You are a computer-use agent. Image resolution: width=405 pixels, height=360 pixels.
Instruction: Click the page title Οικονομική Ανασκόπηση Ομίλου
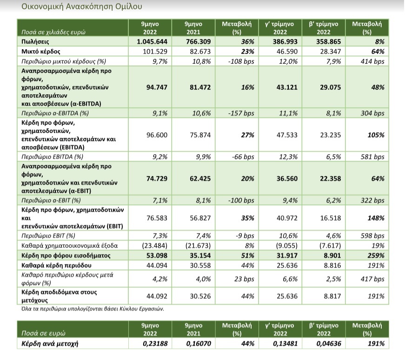pos(82,7)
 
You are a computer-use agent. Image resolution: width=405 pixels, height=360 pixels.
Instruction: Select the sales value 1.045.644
pos(152,41)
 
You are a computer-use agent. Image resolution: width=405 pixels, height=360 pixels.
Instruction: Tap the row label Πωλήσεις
pos(35,41)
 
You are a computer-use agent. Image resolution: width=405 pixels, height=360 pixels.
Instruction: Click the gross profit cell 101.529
pos(155,52)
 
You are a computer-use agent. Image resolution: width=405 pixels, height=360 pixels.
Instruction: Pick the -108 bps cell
pos(241,61)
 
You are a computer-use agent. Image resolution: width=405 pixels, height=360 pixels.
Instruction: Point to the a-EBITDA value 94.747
pos(157,87)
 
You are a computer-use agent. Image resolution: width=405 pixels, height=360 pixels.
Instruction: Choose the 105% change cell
pos(376,135)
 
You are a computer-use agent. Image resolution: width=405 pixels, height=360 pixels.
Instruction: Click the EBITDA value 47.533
pos(287,135)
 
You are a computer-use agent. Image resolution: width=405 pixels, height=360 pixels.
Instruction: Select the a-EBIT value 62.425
pos(200,178)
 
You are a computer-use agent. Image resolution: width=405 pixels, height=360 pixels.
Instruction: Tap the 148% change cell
pos(376,218)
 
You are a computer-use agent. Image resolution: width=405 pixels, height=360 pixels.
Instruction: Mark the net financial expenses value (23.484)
pos(155,245)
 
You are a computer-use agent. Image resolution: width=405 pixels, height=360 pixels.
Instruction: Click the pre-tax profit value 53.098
pos(157,255)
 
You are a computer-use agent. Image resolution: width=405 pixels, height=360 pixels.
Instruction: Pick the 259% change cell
pos(376,255)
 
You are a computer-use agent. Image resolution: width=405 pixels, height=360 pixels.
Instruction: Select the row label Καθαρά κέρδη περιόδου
pos(56,265)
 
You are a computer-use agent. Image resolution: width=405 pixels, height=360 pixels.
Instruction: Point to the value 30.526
pos(200,296)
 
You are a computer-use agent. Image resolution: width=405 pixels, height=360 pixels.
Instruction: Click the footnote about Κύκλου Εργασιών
pos(93,309)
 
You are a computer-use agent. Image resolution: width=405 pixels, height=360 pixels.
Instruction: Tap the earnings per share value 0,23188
pos(155,344)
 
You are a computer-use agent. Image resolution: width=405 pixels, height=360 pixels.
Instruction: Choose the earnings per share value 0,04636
pos(329,344)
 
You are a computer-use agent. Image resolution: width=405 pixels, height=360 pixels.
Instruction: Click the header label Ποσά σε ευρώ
pos(43,333)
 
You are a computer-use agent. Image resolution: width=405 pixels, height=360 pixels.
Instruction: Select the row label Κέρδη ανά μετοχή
pos(50,344)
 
